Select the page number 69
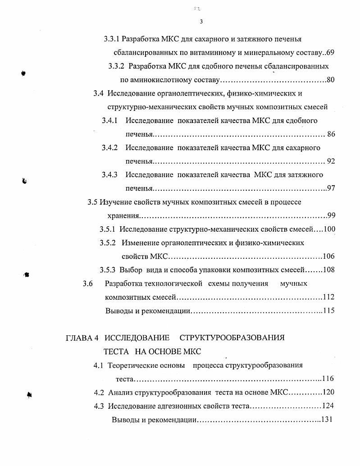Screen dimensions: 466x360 click(330, 53)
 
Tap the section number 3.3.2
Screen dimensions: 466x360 click(117, 66)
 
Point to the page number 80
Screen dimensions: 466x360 click(330, 80)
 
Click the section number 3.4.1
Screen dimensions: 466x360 click(109, 121)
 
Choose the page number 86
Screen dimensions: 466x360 click(331, 134)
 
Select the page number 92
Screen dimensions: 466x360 click(331, 161)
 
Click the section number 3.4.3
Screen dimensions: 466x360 click(109, 175)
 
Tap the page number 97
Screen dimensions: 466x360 click(331, 188)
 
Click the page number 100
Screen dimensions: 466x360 click(329, 229)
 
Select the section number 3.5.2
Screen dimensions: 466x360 click(108, 243)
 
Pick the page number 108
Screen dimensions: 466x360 click(328, 270)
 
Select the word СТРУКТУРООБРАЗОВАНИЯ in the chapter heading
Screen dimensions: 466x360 click(232, 338)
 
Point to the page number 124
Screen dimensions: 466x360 click(328, 406)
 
